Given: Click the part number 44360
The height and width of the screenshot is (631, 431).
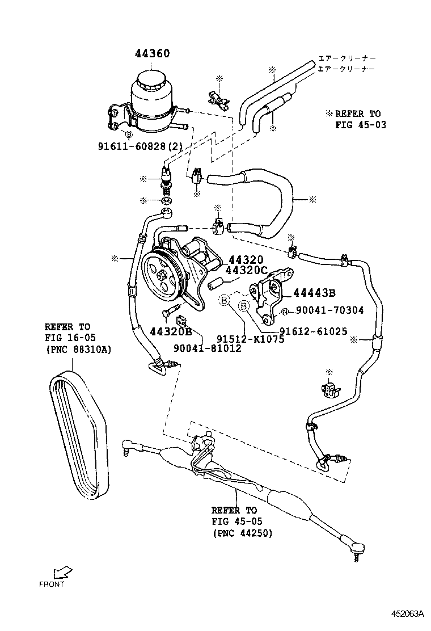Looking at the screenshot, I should (x=152, y=54).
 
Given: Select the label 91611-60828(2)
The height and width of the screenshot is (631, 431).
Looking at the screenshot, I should (x=140, y=146).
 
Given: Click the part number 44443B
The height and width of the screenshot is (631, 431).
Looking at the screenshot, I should (x=314, y=293).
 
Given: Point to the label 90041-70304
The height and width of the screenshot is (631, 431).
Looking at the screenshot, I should (x=329, y=310).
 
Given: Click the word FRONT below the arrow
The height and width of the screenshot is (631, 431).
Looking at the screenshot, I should (x=52, y=584).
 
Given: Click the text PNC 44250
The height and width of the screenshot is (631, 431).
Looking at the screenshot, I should (x=243, y=533).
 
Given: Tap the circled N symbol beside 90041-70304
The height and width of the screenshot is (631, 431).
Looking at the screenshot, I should (x=285, y=310).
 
